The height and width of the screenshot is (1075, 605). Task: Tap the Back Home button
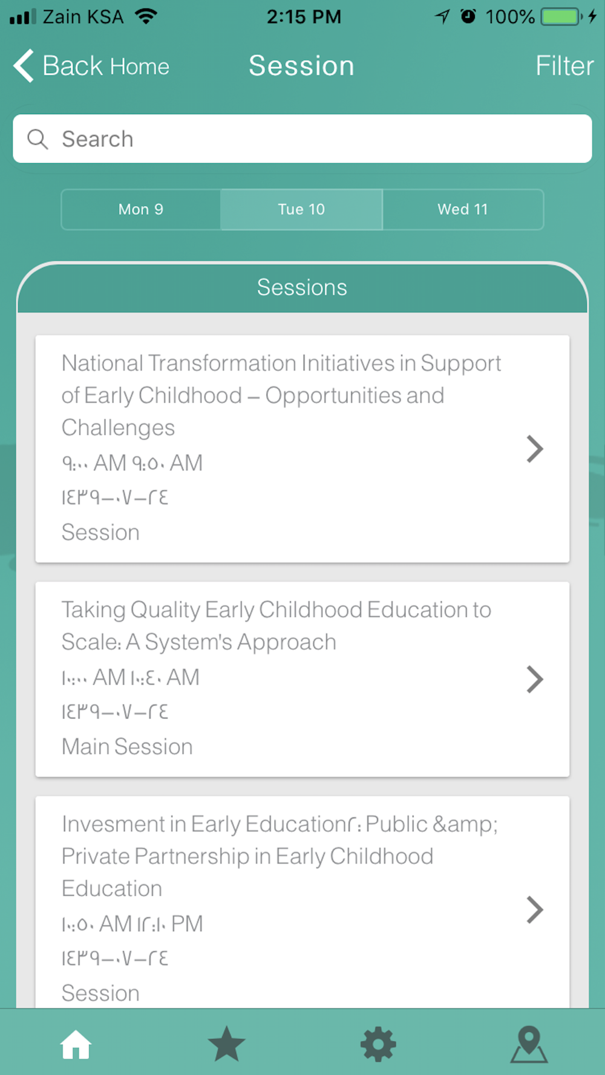pyautogui.click(x=91, y=65)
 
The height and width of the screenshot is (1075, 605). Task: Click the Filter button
pyautogui.click(x=564, y=65)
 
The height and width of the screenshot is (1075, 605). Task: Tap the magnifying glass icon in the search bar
pyautogui.click(x=38, y=139)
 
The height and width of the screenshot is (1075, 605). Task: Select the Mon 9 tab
pyautogui.click(x=141, y=209)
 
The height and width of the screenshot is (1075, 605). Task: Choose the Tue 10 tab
pyautogui.click(x=301, y=209)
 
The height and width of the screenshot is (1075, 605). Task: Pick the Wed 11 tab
pyautogui.click(x=463, y=209)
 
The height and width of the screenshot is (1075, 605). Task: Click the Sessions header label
pyautogui.click(x=302, y=287)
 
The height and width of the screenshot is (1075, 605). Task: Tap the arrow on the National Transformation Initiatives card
pyautogui.click(x=535, y=449)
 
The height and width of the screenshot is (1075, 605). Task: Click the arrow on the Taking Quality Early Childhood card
pyautogui.click(x=535, y=679)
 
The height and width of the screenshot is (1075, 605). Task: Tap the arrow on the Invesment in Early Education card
pyautogui.click(x=535, y=909)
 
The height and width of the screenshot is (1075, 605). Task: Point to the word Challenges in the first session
pyautogui.click(x=118, y=428)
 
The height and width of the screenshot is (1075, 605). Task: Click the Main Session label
pyautogui.click(x=127, y=747)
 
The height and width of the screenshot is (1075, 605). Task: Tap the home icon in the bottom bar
pyautogui.click(x=76, y=1044)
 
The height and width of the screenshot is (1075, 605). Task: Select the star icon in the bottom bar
pyautogui.click(x=226, y=1044)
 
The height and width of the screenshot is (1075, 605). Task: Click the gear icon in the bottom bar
pyautogui.click(x=378, y=1044)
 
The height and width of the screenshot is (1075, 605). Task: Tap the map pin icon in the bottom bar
pyautogui.click(x=529, y=1044)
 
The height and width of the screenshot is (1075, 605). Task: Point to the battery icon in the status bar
pyautogui.click(x=562, y=16)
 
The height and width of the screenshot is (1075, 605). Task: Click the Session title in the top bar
pyautogui.click(x=301, y=65)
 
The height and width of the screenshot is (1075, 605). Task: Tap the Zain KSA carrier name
pyautogui.click(x=83, y=16)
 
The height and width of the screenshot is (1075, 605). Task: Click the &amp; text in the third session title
pyautogui.click(x=465, y=825)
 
